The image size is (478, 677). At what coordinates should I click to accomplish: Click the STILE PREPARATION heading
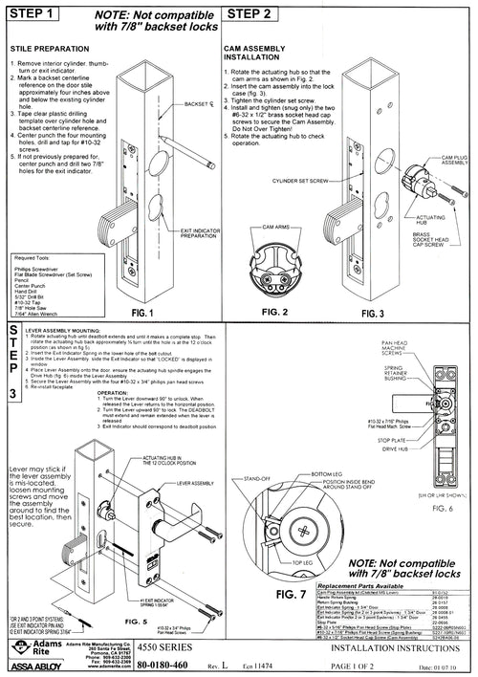point(51,48)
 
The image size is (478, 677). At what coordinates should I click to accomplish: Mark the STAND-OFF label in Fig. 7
point(256,476)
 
